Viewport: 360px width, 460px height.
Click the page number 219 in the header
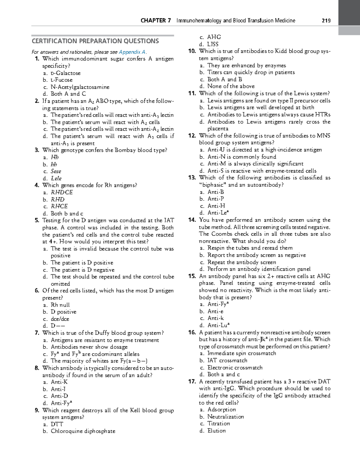326,21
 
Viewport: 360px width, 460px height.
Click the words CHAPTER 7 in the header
156,21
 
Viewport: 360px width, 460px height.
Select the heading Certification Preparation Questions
95,41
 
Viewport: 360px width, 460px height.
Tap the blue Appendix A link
132,52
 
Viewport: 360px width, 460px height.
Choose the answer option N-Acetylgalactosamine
80,87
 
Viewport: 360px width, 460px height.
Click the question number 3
37,150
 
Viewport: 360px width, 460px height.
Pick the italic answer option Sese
56,171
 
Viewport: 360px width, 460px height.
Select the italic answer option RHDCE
62,192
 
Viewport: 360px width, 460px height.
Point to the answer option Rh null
60,305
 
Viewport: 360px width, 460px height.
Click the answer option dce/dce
60,319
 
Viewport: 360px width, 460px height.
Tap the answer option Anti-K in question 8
59,382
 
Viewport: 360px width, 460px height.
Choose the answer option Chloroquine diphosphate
83,431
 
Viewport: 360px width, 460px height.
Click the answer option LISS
213,44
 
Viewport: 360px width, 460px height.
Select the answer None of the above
231,86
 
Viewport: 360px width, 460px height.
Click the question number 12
192,136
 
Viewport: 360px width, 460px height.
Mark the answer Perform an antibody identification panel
259,269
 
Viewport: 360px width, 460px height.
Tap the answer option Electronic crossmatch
235,367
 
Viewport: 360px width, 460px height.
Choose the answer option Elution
216,431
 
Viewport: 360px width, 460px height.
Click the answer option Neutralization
226,417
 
